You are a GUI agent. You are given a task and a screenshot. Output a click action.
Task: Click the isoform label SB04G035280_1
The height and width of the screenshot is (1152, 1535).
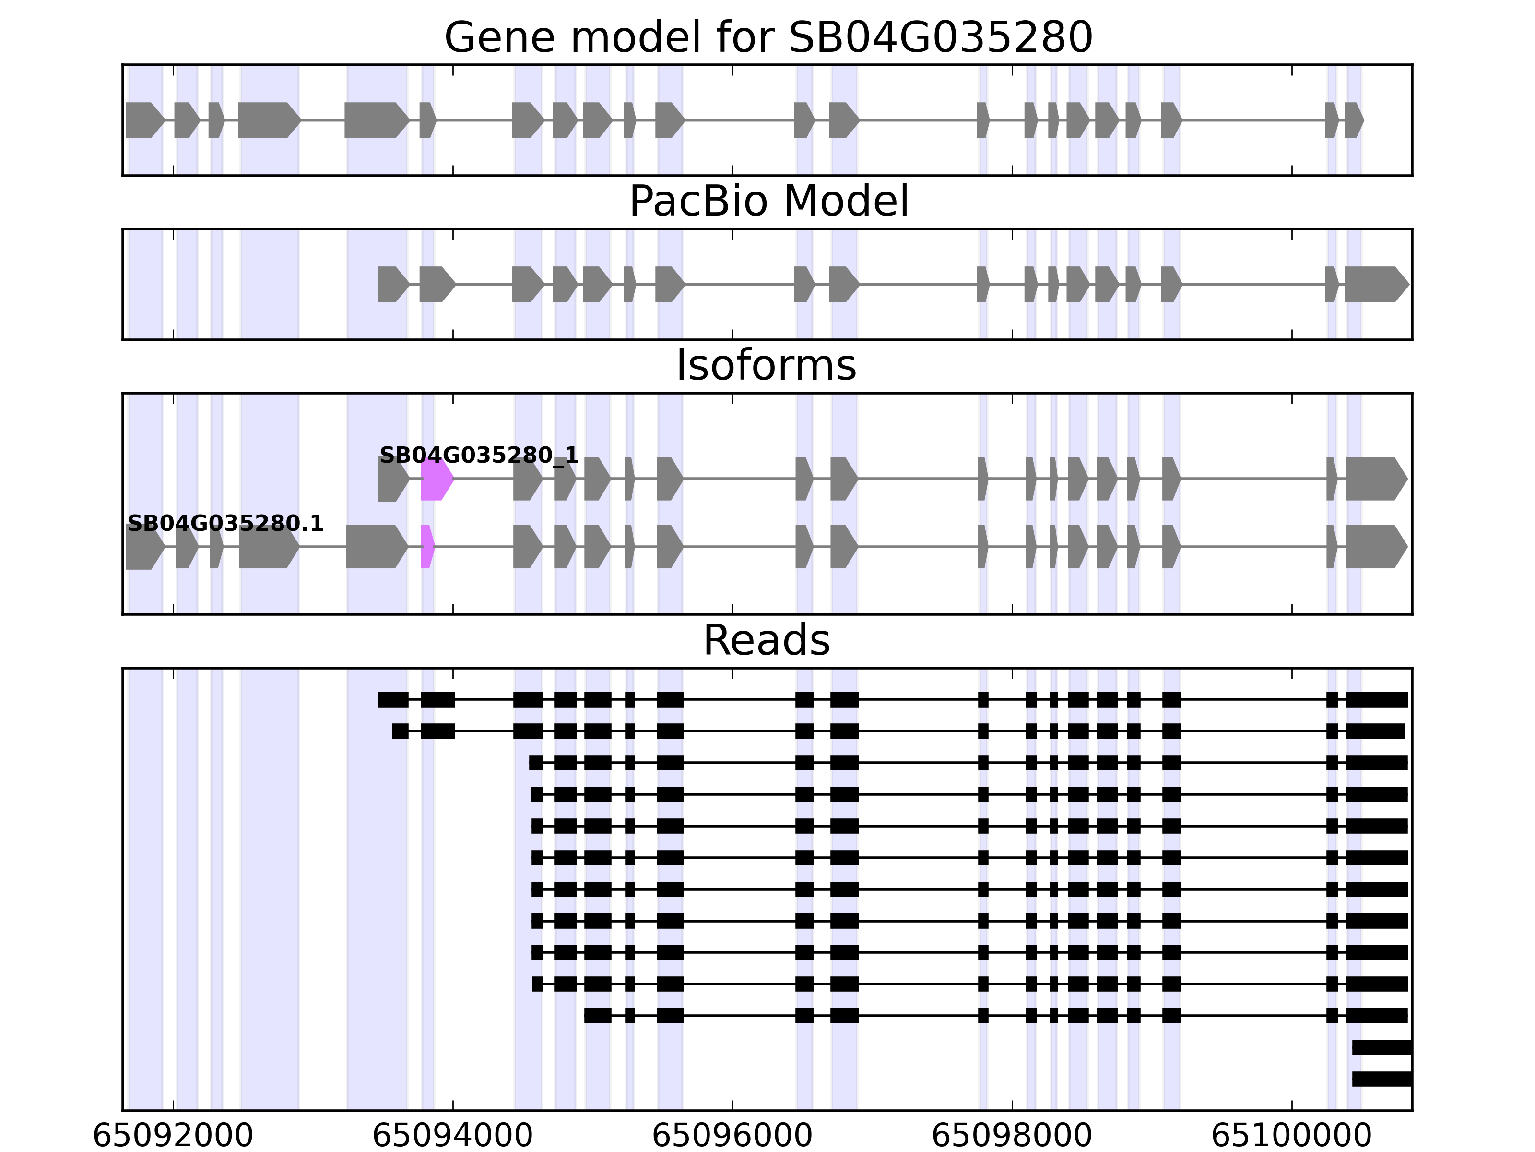coord(479,456)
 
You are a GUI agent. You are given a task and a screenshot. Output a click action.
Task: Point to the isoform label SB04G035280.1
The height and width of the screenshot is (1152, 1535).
coord(225,524)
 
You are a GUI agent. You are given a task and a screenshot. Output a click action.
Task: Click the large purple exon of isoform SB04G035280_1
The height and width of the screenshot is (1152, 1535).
coord(436,479)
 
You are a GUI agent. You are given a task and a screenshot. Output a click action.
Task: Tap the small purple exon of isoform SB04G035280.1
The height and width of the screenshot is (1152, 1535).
coord(427,547)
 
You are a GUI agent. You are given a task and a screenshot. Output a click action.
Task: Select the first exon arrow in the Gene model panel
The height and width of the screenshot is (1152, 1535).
coord(143,120)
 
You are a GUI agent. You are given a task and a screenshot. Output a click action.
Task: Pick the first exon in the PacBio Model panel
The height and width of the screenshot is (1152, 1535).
coord(392,284)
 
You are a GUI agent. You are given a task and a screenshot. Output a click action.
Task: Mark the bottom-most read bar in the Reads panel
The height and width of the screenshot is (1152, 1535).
coord(1381,1079)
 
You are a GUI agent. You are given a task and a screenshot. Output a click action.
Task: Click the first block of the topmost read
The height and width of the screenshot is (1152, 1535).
coord(393,699)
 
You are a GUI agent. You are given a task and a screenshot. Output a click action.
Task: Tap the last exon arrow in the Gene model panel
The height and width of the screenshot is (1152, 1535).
coord(1353,120)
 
